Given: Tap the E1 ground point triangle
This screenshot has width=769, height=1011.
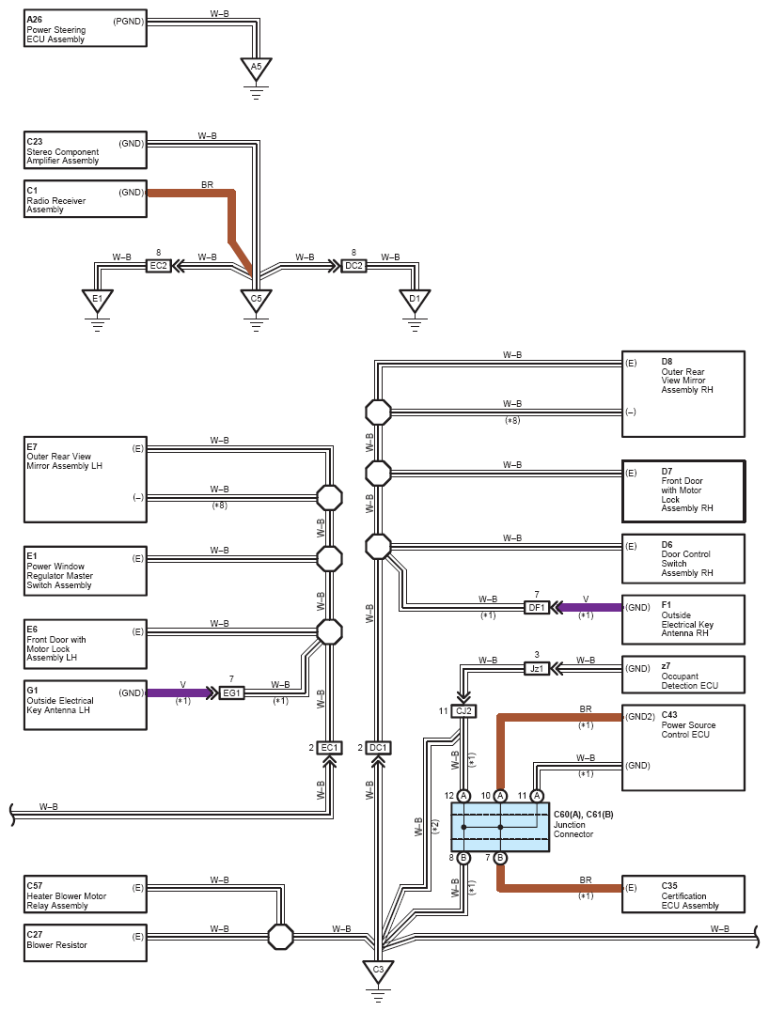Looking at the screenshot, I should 96,301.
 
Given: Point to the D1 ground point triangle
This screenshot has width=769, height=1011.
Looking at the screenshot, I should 414,301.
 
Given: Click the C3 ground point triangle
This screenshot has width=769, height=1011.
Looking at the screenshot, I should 378,970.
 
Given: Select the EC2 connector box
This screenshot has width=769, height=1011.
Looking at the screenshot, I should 158,266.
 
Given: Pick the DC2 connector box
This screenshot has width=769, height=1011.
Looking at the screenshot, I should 353,266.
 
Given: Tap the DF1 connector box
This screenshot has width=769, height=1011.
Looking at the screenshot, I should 536,607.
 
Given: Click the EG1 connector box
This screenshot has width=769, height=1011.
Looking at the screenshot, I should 231,692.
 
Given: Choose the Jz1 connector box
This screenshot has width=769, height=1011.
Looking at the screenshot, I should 536,668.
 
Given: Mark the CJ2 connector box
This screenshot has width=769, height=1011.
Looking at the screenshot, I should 463,711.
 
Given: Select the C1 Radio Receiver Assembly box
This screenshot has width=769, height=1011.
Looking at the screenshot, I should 86,199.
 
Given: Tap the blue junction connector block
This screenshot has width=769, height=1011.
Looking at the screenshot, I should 500,827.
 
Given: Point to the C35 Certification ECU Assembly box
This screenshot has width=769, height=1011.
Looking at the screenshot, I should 683,894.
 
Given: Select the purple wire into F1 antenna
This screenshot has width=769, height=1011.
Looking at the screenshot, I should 589,607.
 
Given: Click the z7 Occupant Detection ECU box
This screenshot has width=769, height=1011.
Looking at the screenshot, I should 683,675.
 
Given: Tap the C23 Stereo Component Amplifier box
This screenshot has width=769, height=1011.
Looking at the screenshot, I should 86,150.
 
